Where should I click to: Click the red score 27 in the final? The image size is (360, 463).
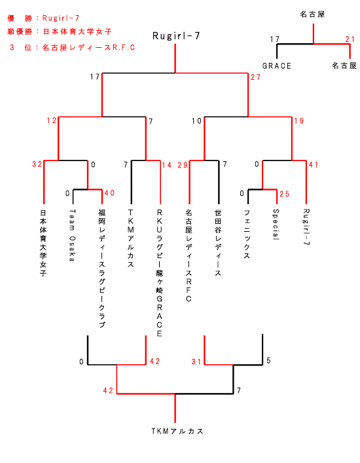click(255, 77)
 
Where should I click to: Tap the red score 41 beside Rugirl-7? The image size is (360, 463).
click(314, 164)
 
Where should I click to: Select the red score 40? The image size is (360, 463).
click(109, 193)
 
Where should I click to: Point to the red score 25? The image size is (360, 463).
click(285, 194)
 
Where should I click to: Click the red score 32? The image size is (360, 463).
click(37, 164)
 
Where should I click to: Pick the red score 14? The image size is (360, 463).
click(167, 165)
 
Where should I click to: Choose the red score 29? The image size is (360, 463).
click(183, 165)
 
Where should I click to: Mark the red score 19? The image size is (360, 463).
click(299, 120)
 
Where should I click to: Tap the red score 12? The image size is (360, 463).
click(52, 120)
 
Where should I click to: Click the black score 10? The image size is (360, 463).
click(196, 120)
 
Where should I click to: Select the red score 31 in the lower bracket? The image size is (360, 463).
click(196, 361)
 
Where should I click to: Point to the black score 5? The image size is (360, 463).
click(268, 361)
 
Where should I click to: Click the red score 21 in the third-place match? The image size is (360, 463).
click(350, 39)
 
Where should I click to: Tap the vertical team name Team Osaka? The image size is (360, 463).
click(72, 235)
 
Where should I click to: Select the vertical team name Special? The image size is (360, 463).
click(276, 225)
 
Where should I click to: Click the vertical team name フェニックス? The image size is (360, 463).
click(247, 234)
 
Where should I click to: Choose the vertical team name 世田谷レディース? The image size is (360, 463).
click(218, 243)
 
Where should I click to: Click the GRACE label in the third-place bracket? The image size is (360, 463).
click(277, 66)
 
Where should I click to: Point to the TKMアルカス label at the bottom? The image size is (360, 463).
click(177, 431)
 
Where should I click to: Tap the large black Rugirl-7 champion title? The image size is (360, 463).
click(176, 36)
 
